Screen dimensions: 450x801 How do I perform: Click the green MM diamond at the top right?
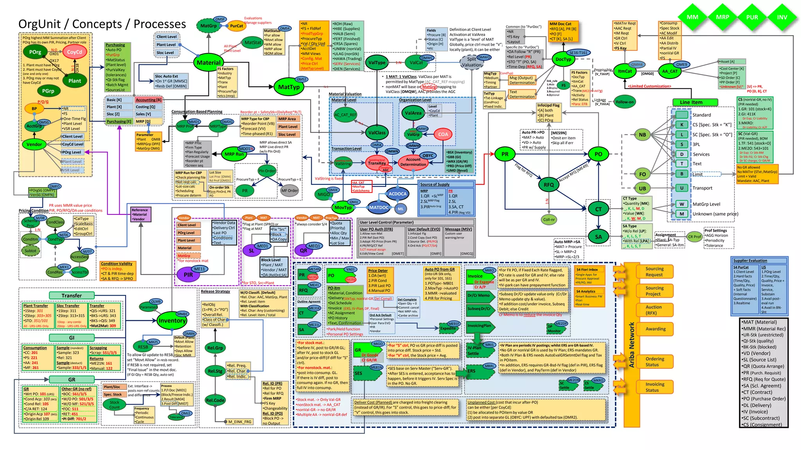692,17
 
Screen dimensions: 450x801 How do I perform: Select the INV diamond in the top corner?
782,17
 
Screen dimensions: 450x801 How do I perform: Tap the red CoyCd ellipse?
74,52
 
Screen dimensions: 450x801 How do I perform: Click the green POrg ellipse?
35,52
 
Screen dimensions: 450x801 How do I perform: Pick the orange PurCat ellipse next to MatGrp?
236,26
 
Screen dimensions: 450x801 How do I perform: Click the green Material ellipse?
208,62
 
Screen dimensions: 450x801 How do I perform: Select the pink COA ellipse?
443,134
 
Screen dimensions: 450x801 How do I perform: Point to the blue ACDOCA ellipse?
397,194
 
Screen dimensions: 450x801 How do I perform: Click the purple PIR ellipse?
188,275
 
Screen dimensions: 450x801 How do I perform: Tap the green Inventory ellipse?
172,321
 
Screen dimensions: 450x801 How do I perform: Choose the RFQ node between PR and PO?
549,185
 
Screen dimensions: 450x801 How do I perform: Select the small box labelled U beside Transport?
682,188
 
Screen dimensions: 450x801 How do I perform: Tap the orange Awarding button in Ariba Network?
655,329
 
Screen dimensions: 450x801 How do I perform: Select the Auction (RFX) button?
654,310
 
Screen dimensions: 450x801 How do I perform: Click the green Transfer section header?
72,296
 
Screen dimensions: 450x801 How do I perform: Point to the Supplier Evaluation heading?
750,261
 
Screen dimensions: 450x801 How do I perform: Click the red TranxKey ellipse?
377,163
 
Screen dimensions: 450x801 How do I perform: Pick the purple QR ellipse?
304,250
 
